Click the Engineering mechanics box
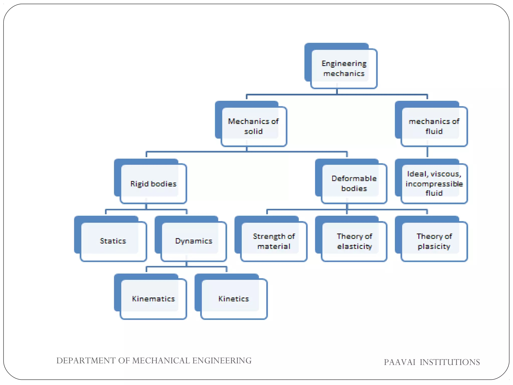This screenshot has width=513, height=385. pos(343,68)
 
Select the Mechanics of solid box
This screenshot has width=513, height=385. pos(253,126)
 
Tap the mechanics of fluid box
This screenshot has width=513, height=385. pos(434,126)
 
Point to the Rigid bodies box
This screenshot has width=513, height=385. pos(153,184)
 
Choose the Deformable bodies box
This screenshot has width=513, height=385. pos(354,183)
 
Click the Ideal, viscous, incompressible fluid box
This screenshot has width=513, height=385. pos(434,183)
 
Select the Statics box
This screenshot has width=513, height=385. pos(113,241)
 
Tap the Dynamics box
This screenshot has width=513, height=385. pos(193,241)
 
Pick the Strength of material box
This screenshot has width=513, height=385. pos(274,241)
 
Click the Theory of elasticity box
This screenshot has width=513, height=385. pos(354,241)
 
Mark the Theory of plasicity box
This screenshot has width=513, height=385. pos(434,241)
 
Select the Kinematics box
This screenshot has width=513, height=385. pos(153,299)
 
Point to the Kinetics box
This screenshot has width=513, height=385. pos(233,299)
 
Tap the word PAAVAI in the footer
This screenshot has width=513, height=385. pos(400,362)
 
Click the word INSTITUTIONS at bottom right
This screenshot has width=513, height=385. pos(450,362)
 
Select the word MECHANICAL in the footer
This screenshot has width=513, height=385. pos(161,361)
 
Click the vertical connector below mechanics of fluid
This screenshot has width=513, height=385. pos(427,152)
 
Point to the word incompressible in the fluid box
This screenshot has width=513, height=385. pos(434,184)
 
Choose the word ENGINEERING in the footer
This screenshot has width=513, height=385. pos(222,361)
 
